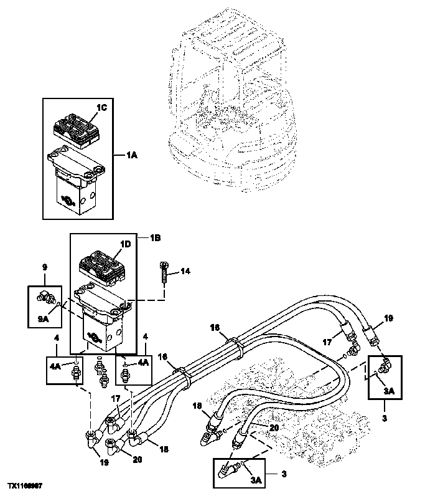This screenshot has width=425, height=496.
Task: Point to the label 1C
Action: (102, 108)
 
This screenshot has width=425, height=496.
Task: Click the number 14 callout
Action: (185, 270)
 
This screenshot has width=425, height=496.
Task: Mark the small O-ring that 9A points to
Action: (57, 305)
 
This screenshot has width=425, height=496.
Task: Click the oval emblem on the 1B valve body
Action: (95, 337)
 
